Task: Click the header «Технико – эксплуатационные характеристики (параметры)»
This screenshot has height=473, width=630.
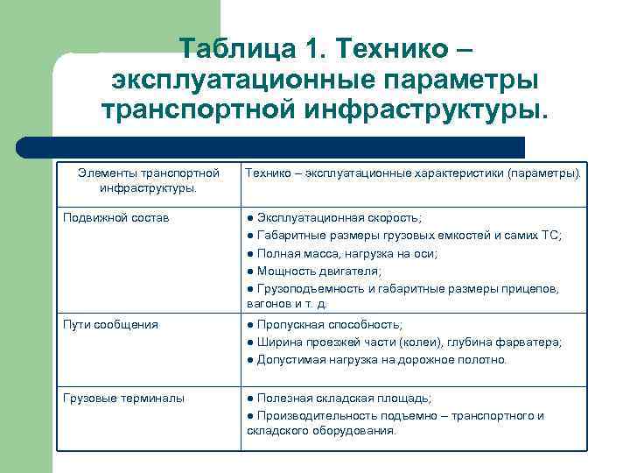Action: (x=412, y=174)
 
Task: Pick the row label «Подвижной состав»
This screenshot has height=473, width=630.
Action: (x=104, y=217)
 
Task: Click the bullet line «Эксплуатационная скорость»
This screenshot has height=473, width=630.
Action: (x=333, y=217)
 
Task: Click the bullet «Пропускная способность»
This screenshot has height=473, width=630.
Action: (x=325, y=325)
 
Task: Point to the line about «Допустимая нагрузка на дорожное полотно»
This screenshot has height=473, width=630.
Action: (x=376, y=360)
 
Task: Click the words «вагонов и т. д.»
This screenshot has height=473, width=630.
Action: (x=287, y=304)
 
